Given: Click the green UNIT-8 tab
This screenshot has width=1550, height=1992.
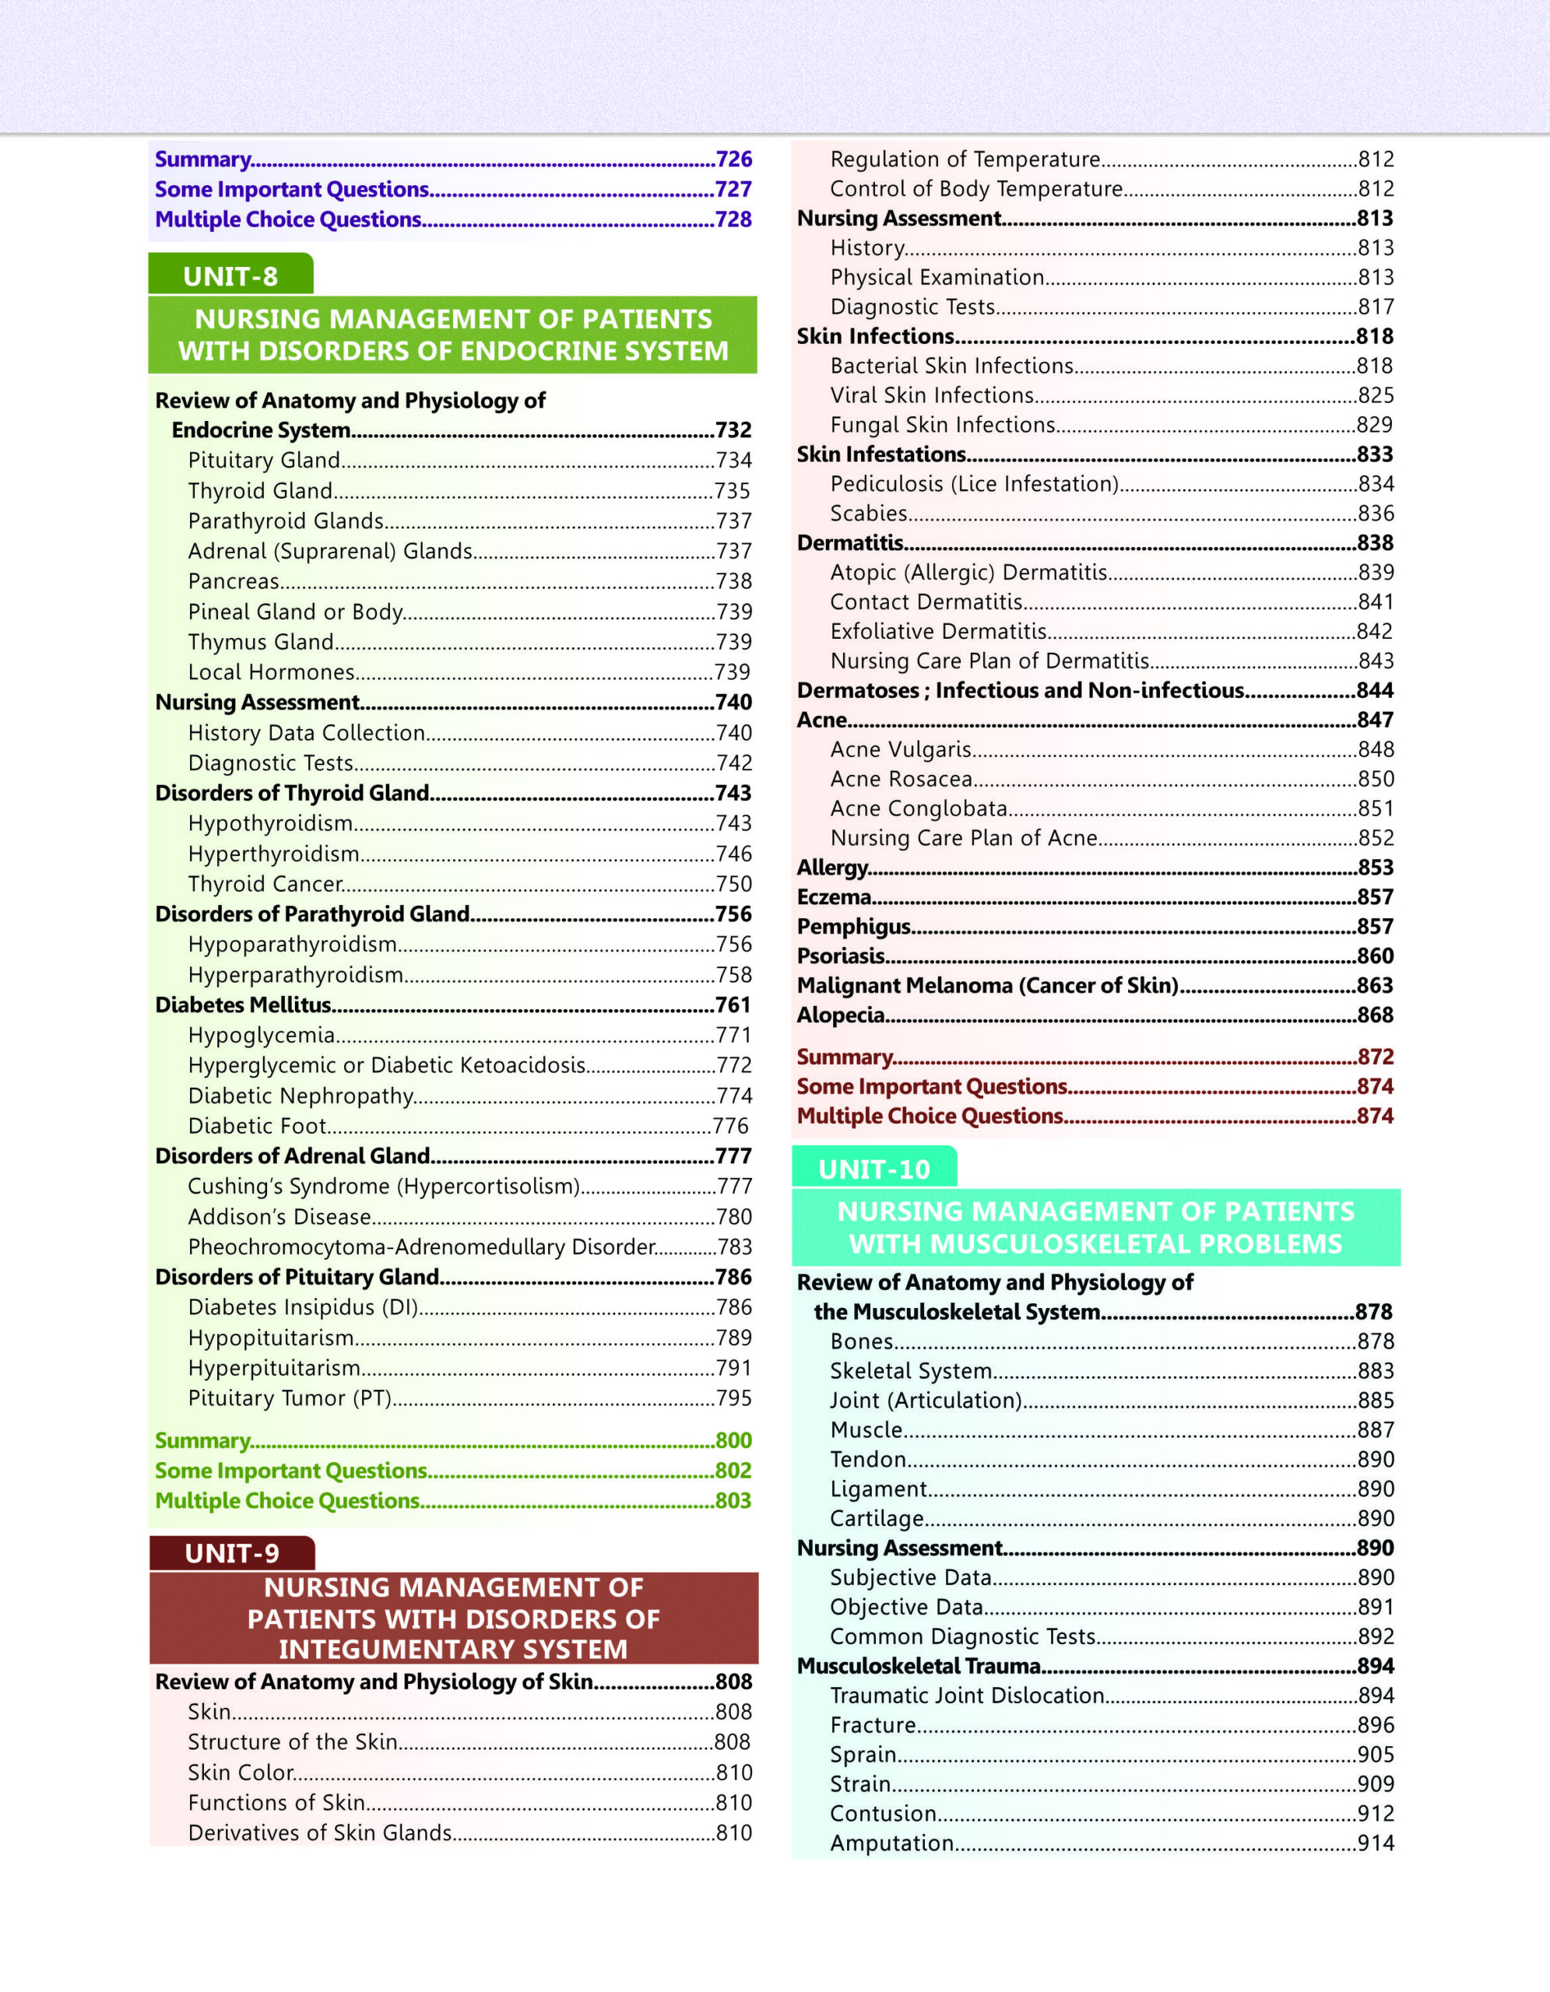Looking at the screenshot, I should coord(230,275).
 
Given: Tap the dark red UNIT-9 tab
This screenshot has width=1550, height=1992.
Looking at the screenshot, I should coord(232,1552).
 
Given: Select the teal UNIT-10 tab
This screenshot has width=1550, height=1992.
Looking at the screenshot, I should coord(874,1169).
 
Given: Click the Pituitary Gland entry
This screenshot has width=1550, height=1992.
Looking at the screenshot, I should coord(265,461).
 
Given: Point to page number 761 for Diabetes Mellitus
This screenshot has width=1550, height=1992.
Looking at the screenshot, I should coord(733,1005).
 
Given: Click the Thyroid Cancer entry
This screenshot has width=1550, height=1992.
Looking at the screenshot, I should coord(265,884).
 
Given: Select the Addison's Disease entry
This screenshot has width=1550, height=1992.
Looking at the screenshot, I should coord(279,1217).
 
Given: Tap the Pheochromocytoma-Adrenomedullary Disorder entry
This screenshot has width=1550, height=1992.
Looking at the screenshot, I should coord(421,1247).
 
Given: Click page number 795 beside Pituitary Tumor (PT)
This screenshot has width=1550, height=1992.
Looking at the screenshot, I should coord(733,1398).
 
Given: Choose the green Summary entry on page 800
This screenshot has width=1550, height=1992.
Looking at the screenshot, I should coord(202,1441).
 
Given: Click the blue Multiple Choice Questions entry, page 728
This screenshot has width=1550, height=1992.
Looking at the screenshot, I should coord(288,219).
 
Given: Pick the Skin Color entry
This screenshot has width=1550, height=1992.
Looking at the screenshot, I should coord(241,1773).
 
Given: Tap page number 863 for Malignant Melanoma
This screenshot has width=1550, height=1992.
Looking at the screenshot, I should coord(1374,986).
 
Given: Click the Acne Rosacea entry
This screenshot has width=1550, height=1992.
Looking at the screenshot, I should coord(902,779).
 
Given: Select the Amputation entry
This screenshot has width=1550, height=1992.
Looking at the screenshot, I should coord(891,1843).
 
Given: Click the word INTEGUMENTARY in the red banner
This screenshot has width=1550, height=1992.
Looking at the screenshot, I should coord(452,1649).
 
